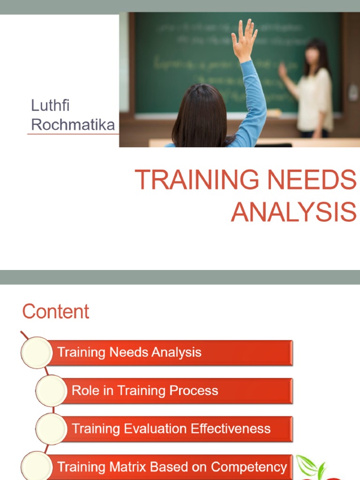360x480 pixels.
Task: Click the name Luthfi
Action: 50,105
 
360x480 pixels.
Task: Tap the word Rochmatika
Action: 73,125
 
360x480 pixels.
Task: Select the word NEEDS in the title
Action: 319,180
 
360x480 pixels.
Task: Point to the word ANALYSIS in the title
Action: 293,212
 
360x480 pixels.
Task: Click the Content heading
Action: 56,312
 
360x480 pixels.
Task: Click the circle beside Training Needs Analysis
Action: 37,352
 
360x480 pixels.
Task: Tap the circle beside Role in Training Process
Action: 51,390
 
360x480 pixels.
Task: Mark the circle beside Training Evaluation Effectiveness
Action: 51,428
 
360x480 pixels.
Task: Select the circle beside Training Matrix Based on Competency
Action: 37,467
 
